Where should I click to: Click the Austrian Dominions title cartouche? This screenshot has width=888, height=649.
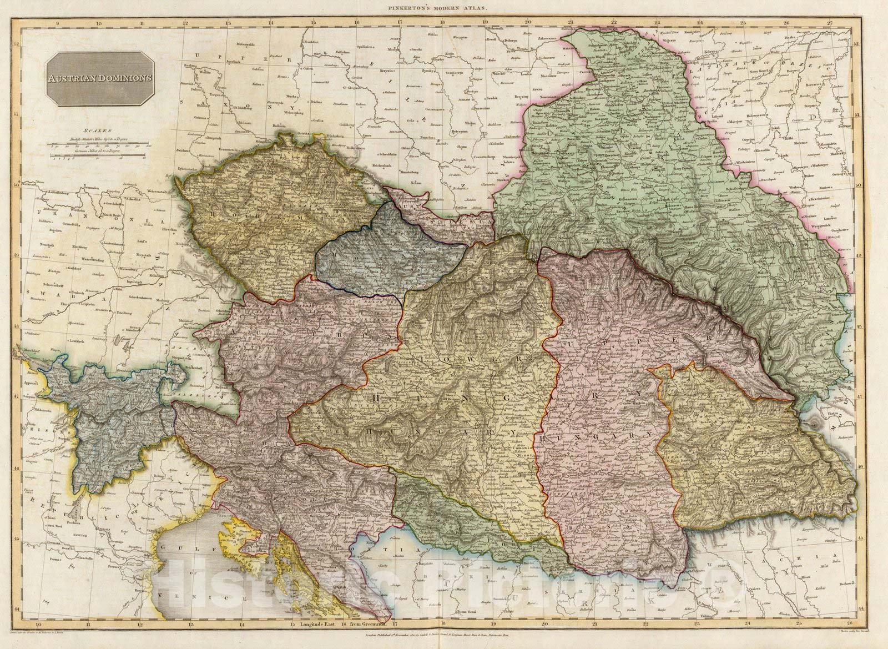(100, 78)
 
